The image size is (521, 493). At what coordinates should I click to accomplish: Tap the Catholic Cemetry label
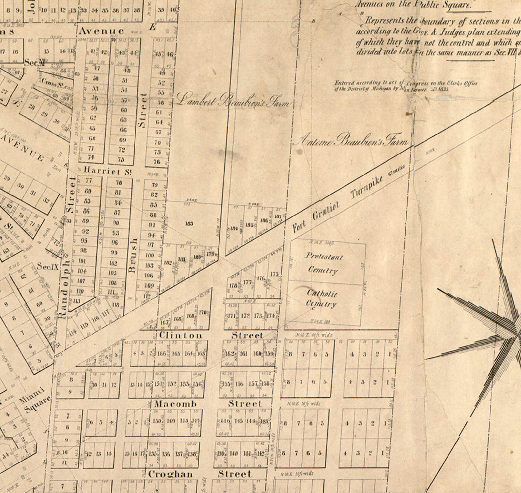click(322, 298)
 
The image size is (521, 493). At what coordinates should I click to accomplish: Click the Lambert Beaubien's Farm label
click(233, 100)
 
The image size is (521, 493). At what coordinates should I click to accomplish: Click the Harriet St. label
click(108, 171)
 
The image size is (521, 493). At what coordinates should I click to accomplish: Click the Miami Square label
click(35, 400)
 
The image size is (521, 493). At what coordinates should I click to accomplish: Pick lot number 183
click(189, 224)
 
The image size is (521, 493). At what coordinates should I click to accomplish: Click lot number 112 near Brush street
click(147, 297)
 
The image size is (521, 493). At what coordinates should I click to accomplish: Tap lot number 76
click(157, 162)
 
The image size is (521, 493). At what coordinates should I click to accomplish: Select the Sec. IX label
click(48, 266)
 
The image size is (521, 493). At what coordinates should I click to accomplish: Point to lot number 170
click(203, 312)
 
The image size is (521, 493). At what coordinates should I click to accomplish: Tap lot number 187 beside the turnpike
click(278, 216)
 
